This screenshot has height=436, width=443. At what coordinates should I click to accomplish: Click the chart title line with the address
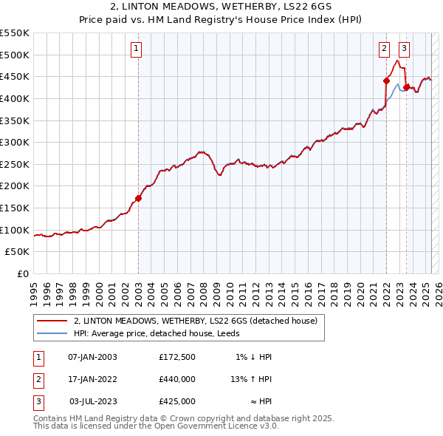click(221, 6)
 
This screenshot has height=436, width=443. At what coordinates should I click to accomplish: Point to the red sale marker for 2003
click(138, 198)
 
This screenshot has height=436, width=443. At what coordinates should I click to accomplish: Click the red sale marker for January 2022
click(386, 81)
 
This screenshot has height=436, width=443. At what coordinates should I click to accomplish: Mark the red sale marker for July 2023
click(406, 87)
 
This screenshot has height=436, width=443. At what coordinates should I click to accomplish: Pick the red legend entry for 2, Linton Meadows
click(196, 321)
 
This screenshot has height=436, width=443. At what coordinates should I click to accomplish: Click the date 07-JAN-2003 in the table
click(92, 357)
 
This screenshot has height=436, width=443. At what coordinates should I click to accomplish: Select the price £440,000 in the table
click(177, 379)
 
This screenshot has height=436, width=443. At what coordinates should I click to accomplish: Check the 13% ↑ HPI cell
click(252, 379)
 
